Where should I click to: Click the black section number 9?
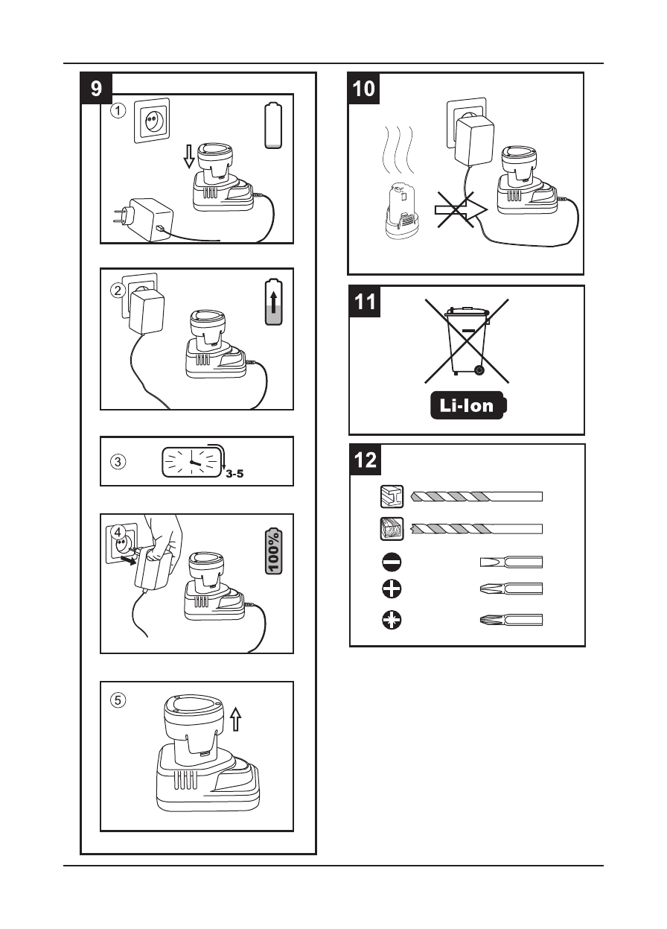click(x=97, y=89)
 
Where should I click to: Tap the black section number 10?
click(x=364, y=89)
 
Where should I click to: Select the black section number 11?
click(x=365, y=302)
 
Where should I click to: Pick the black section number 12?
click(x=365, y=460)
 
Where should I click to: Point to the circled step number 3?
click(x=118, y=460)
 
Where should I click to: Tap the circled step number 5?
click(x=118, y=700)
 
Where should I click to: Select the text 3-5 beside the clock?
click(x=235, y=472)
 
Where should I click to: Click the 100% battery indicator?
click(x=275, y=551)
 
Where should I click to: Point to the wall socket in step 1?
click(x=153, y=119)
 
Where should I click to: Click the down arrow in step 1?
click(x=188, y=156)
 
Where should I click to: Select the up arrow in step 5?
click(x=236, y=719)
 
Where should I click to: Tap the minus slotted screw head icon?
click(x=392, y=562)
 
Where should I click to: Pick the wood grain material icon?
click(x=392, y=527)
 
